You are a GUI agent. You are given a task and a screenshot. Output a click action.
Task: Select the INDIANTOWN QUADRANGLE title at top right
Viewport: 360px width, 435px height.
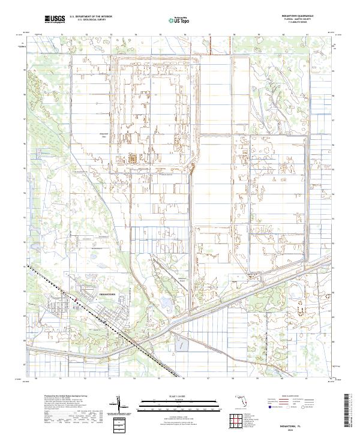(293, 16)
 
